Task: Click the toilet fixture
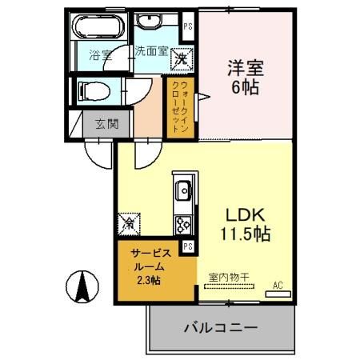click(90, 90)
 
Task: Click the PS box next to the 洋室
click(188, 26)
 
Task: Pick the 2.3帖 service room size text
click(148, 280)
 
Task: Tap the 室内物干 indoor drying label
click(229, 277)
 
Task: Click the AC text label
click(278, 285)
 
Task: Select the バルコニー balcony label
click(220, 328)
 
